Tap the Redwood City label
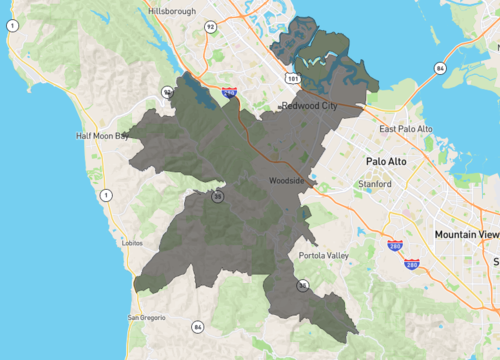(x=312, y=105)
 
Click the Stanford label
(x=376, y=184)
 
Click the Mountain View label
(x=466, y=234)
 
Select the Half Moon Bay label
(x=103, y=136)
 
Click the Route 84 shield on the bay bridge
(x=439, y=68)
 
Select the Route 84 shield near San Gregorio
(x=198, y=326)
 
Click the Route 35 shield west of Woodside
(x=217, y=197)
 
